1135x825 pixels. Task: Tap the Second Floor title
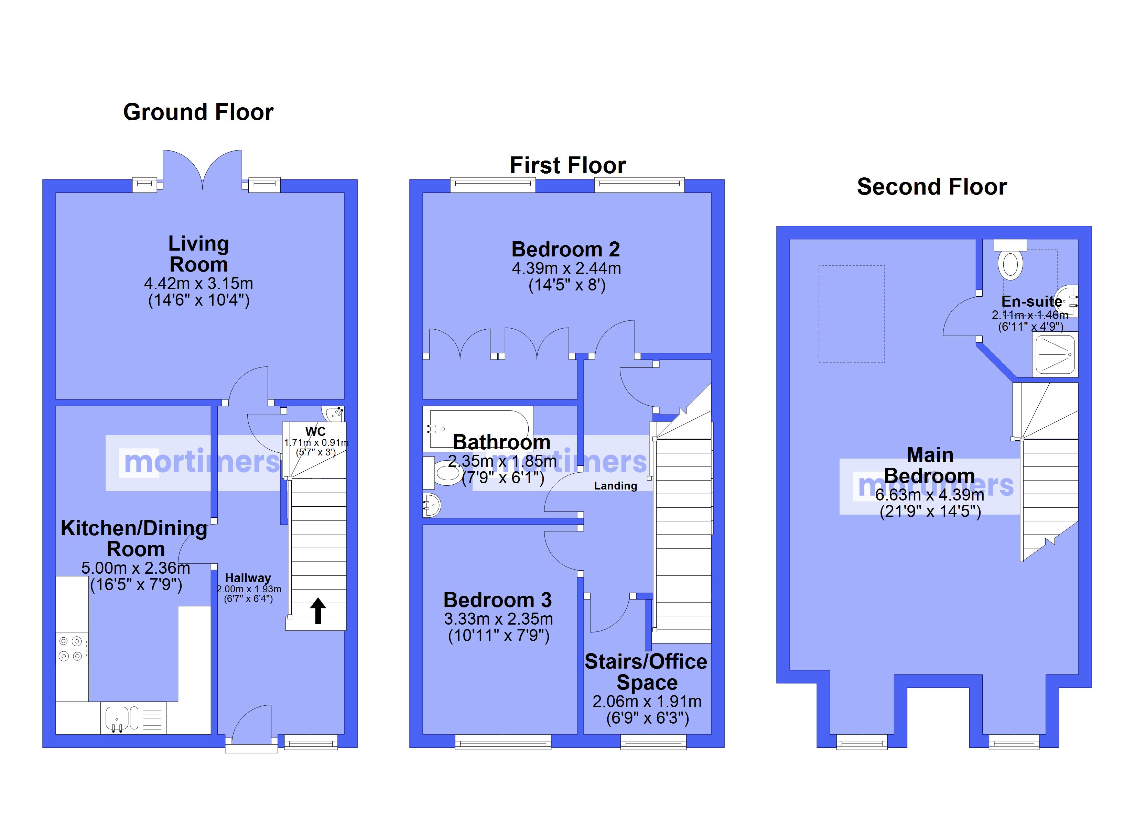coord(931,187)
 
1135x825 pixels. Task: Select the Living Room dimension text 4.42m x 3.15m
coord(199,284)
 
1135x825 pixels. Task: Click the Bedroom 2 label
coord(565,249)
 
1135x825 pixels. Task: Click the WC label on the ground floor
coord(315,431)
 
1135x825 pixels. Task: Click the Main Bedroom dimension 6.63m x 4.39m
coord(930,495)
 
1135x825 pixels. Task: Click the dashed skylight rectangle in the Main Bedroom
coord(851,314)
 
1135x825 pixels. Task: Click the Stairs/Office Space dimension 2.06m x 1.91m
coord(647,702)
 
